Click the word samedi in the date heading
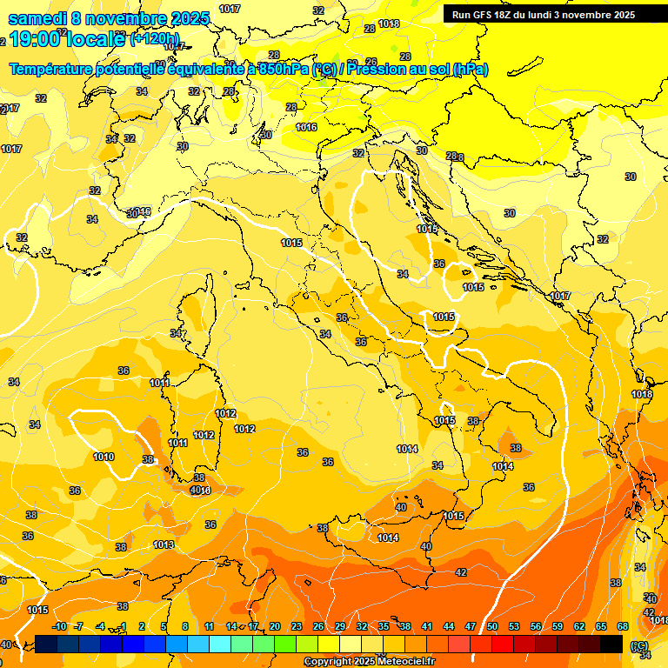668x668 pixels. point(36,18)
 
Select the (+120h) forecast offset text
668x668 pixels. point(154,39)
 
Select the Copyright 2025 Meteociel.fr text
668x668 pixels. point(370,662)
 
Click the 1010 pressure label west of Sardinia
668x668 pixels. point(104,457)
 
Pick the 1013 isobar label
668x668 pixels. point(163,544)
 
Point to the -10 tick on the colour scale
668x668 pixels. point(59,626)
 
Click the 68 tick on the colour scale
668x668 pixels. point(623,626)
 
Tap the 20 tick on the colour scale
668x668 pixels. point(275,626)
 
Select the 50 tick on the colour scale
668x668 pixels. point(492,626)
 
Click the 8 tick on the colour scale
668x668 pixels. point(185,626)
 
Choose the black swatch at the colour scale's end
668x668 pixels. point(611,644)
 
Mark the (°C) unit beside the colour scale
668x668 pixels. point(639,645)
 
